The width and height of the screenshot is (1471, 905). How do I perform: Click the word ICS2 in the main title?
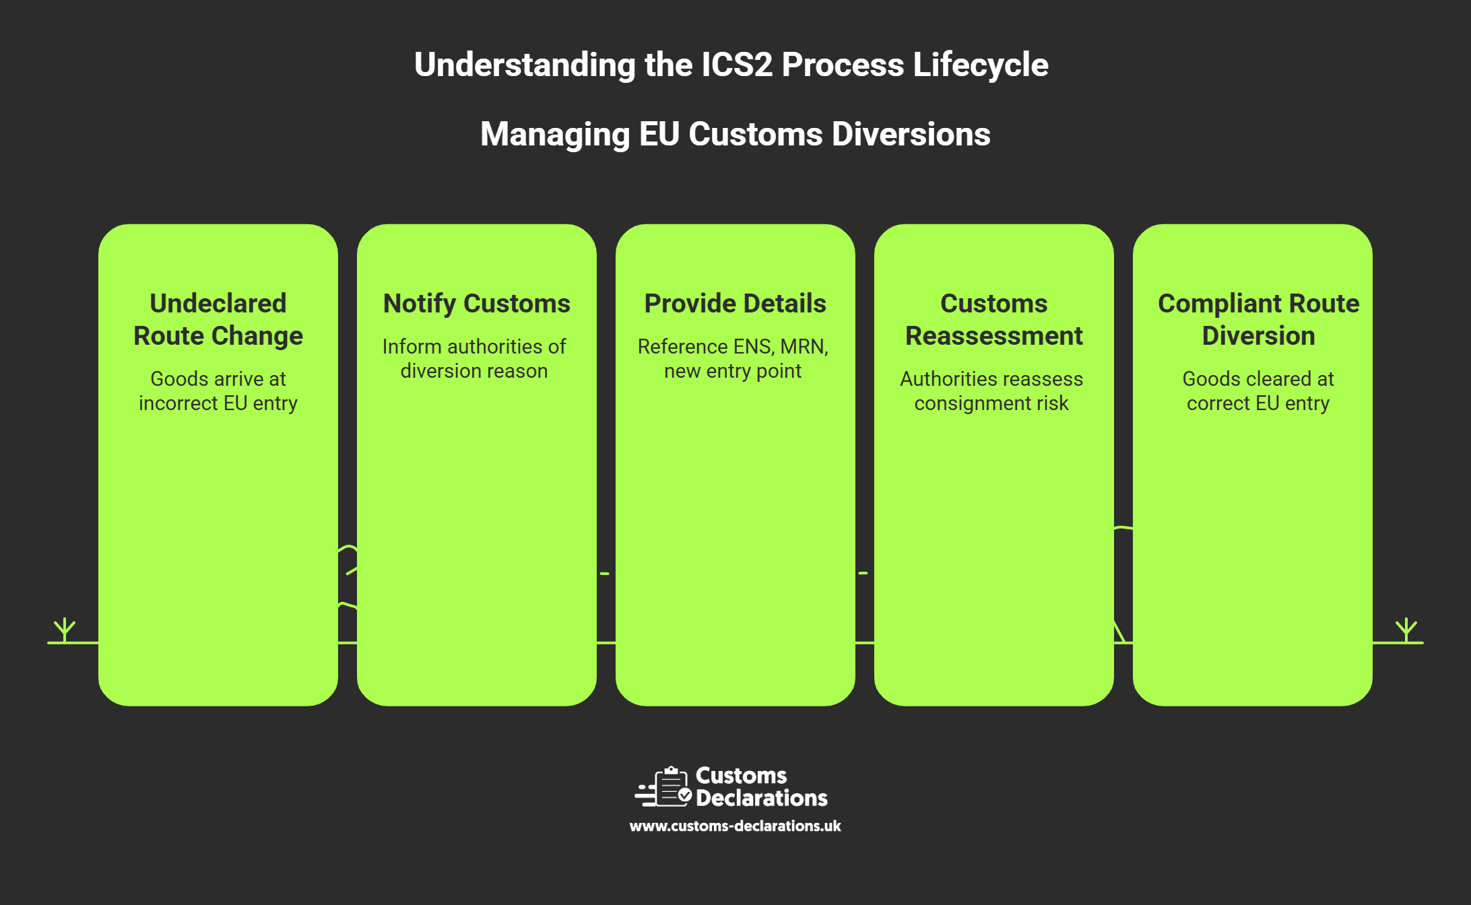tap(736, 65)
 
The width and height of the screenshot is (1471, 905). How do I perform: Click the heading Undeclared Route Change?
tap(218, 319)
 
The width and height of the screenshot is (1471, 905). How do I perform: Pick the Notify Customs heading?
tap(477, 304)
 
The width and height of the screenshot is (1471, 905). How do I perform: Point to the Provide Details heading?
tap(735, 304)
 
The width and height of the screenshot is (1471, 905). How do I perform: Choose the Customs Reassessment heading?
tap(994, 319)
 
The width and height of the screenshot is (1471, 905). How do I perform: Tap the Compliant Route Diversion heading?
tap(1258, 319)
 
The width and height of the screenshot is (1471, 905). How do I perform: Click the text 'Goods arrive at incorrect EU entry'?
tap(218, 391)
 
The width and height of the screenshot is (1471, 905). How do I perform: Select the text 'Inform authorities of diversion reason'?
tap(474, 358)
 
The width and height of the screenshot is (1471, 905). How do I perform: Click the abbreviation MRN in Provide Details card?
tap(804, 347)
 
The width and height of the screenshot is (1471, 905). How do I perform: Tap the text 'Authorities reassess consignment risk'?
tap(991, 391)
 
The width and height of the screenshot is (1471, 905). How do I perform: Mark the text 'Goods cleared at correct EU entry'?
tap(1258, 391)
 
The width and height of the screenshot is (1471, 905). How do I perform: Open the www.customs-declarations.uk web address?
tap(735, 826)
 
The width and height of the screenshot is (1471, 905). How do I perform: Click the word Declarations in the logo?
tap(762, 798)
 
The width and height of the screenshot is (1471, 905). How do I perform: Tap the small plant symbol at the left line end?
tap(65, 630)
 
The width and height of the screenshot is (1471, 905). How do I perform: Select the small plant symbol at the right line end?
tap(1406, 630)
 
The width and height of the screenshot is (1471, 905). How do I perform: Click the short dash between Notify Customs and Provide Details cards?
tap(605, 574)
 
